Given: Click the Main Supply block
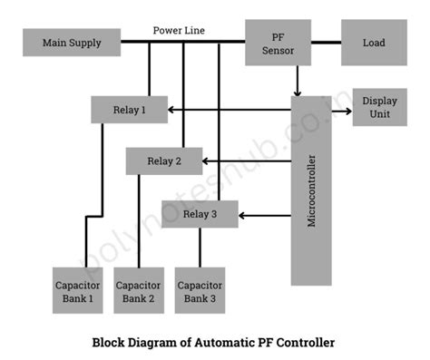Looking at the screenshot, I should coord(73,43).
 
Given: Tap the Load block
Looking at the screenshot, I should coord(373,43).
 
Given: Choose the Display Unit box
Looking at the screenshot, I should coord(379,107).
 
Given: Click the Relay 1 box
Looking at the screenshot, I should coord(129,110).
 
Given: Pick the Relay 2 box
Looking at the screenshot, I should coord(163,161).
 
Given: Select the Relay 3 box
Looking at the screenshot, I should coord(200,214).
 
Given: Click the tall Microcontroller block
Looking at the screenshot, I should coord(311,190).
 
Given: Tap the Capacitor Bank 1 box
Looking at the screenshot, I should coord(77,291).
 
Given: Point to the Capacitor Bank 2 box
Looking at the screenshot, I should coord(138,291).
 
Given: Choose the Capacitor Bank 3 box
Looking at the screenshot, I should coord(200,291).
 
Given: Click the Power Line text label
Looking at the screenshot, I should coord(179,30).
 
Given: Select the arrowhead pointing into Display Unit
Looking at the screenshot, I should coord(347,111).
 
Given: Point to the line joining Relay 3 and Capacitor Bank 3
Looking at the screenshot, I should coord(200,247).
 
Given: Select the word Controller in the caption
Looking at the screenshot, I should coord(305,343).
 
